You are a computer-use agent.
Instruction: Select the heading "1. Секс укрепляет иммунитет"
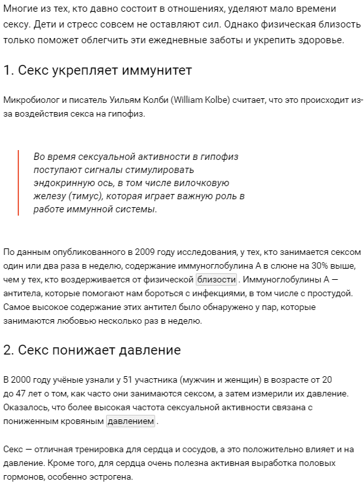98,70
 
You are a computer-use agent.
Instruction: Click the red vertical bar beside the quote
19,183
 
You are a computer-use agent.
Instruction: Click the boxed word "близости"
217,279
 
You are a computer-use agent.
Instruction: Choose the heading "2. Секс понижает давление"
92,350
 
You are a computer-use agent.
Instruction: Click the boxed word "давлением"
130,421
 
